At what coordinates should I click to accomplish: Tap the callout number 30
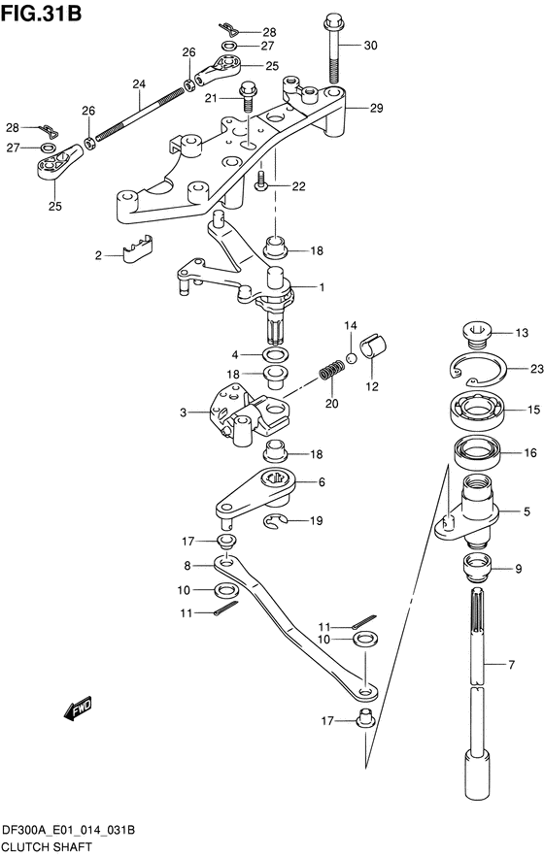pos(370,46)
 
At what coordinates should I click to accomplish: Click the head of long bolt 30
pos(332,23)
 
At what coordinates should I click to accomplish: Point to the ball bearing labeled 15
pos(477,410)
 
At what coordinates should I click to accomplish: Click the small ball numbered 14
pos(352,358)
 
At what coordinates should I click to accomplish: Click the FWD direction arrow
pos(77,709)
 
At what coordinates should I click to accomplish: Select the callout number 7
pos(511,665)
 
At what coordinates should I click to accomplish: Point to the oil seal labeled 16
pos(476,451)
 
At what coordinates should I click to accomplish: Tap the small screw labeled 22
pos(261,181)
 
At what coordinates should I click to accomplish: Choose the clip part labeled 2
pos(137,248)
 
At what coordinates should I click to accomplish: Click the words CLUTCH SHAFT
pos(48,846)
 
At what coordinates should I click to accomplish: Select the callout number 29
pos(376,108)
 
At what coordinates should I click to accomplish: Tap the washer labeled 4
pos(277,354)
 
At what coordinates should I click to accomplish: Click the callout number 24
pos(139,84)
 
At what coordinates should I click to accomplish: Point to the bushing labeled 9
pos(478,569)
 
